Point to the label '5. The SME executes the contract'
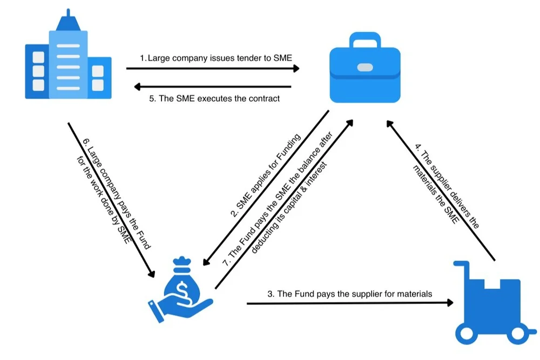click(x=214, y=99)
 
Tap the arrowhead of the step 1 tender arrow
click(x=296, y=69)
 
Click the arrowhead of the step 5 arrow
click(x=138, y=86)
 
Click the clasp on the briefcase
click(x=365, y=67)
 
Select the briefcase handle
click(x=365, y=40)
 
